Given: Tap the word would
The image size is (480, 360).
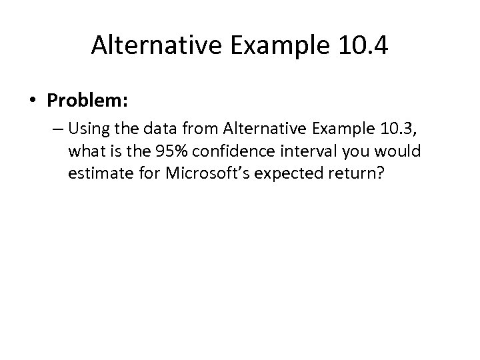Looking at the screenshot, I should tap(399, 152).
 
